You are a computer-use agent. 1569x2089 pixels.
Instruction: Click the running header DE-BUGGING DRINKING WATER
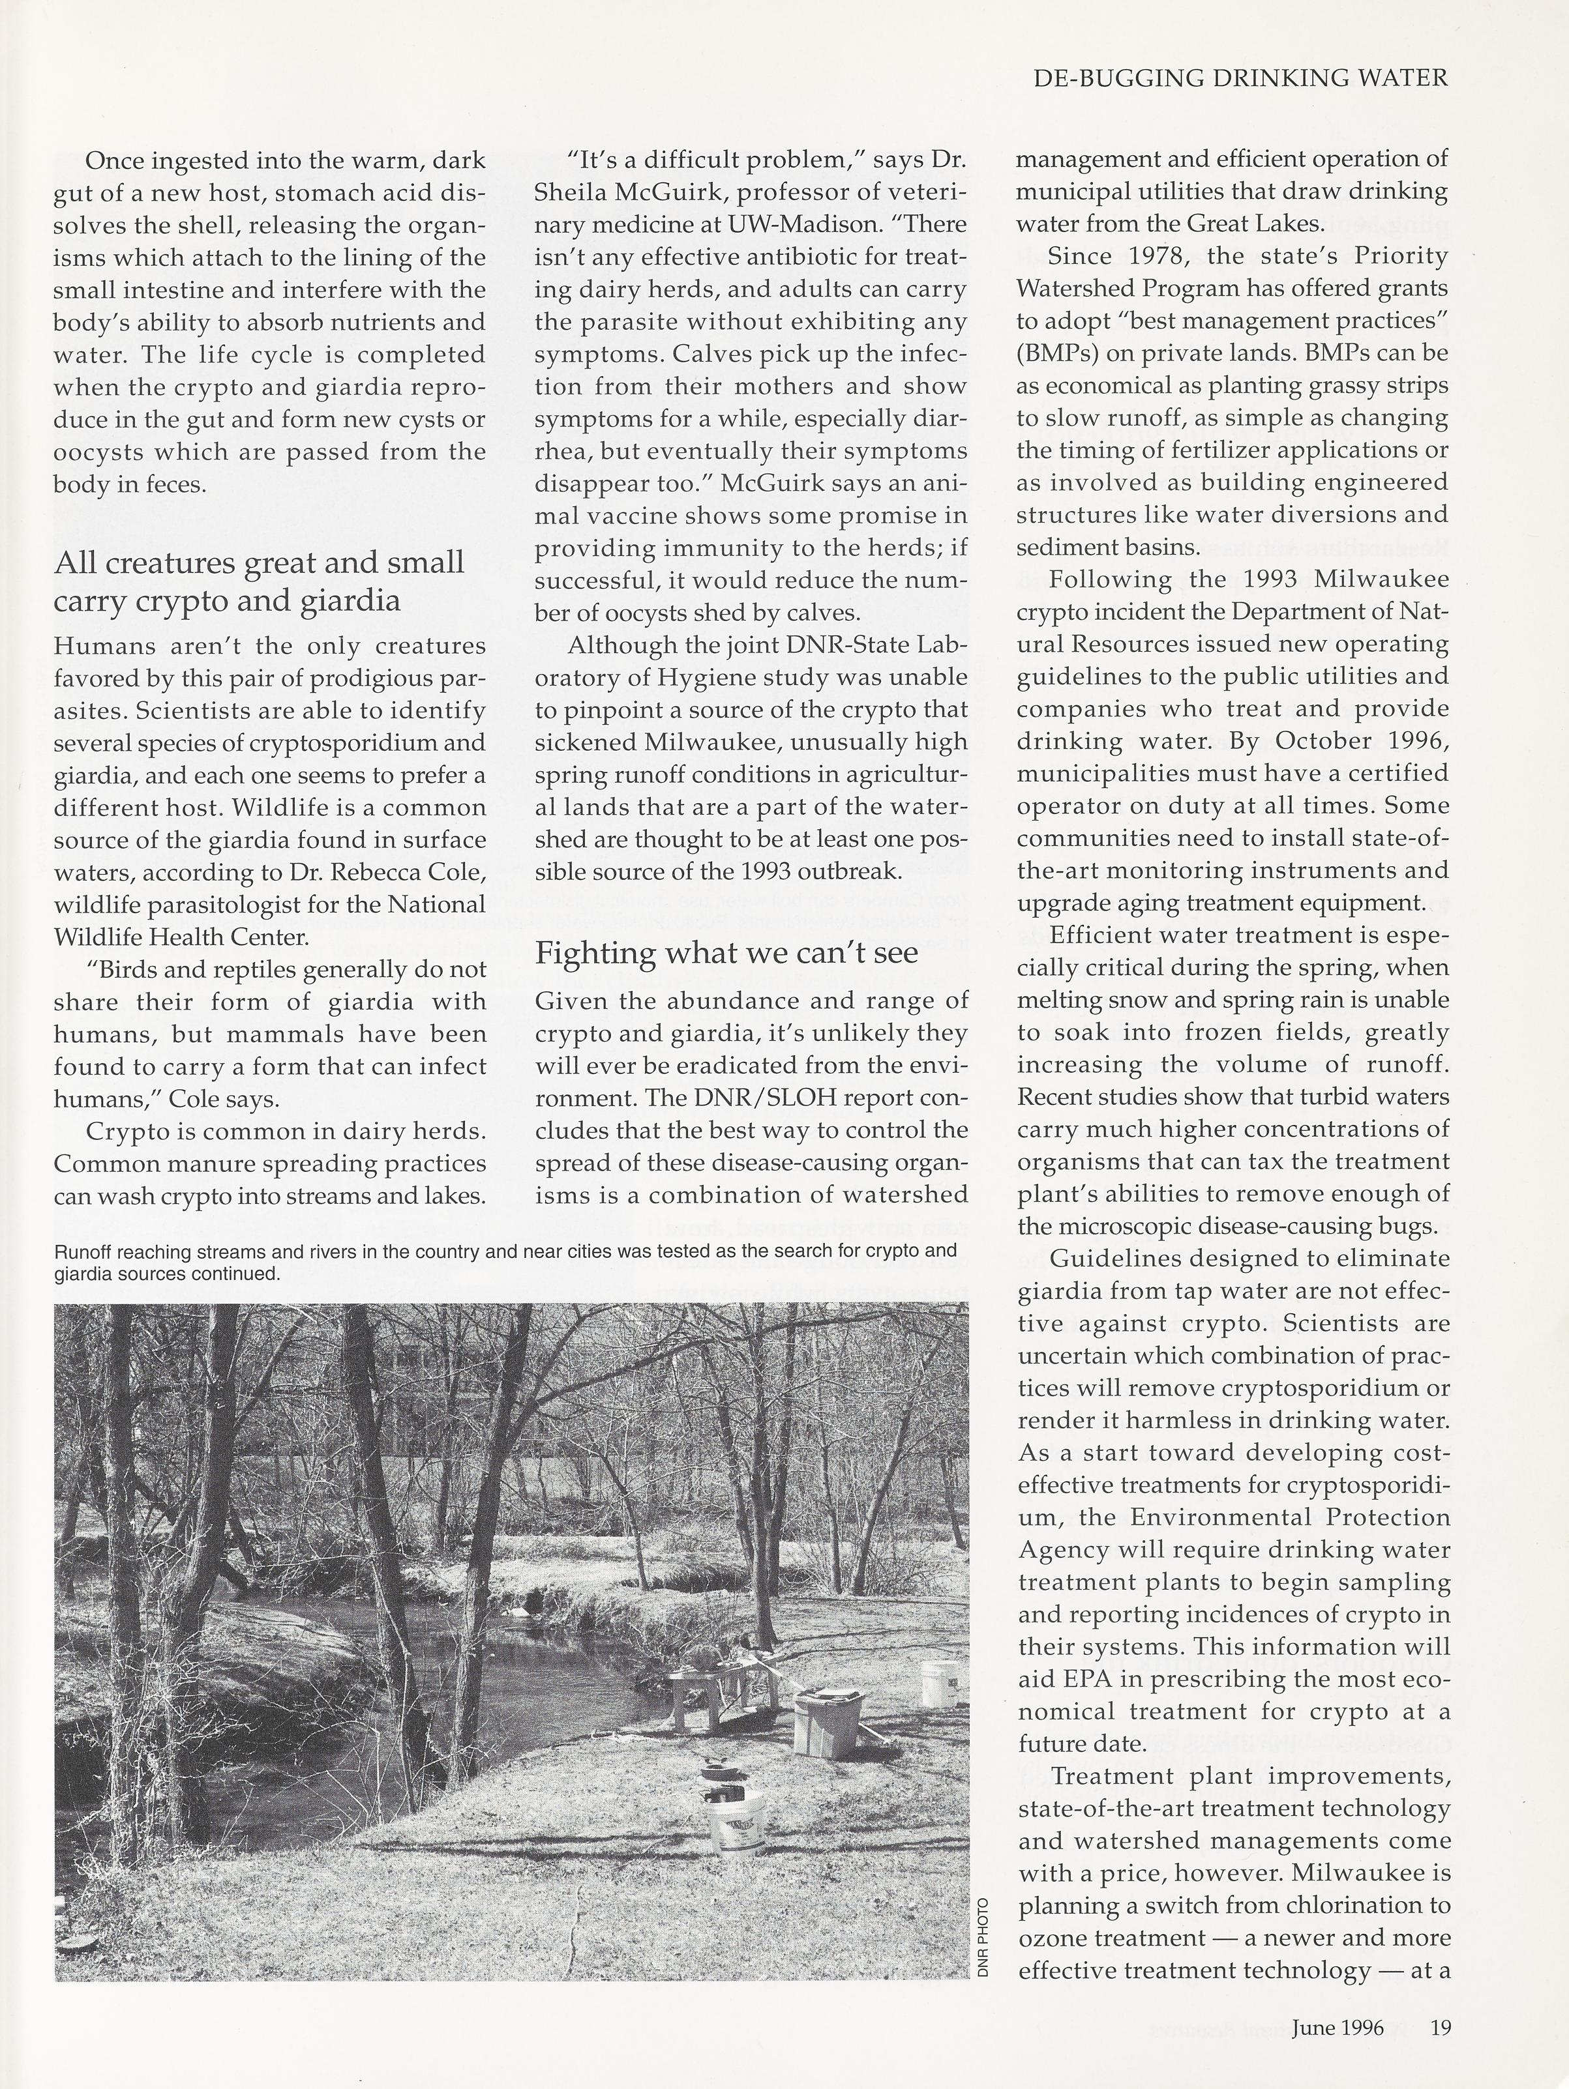click(1240, 78)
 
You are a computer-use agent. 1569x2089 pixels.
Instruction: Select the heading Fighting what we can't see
click(726, 952)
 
